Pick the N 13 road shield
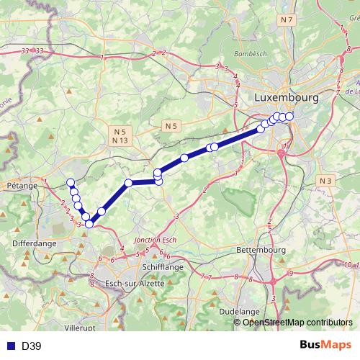pyautogui.click(x=120, y=140)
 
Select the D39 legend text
pyautogui.click(x=32, y=346)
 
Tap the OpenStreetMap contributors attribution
pyautogui.click(x=297, y=322)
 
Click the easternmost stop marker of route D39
pyautogui.click(x=289, y=117)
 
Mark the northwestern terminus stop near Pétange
pyautogui.click(x=71, y=181)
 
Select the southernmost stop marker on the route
pyautogui.click(x=89, y=224)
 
